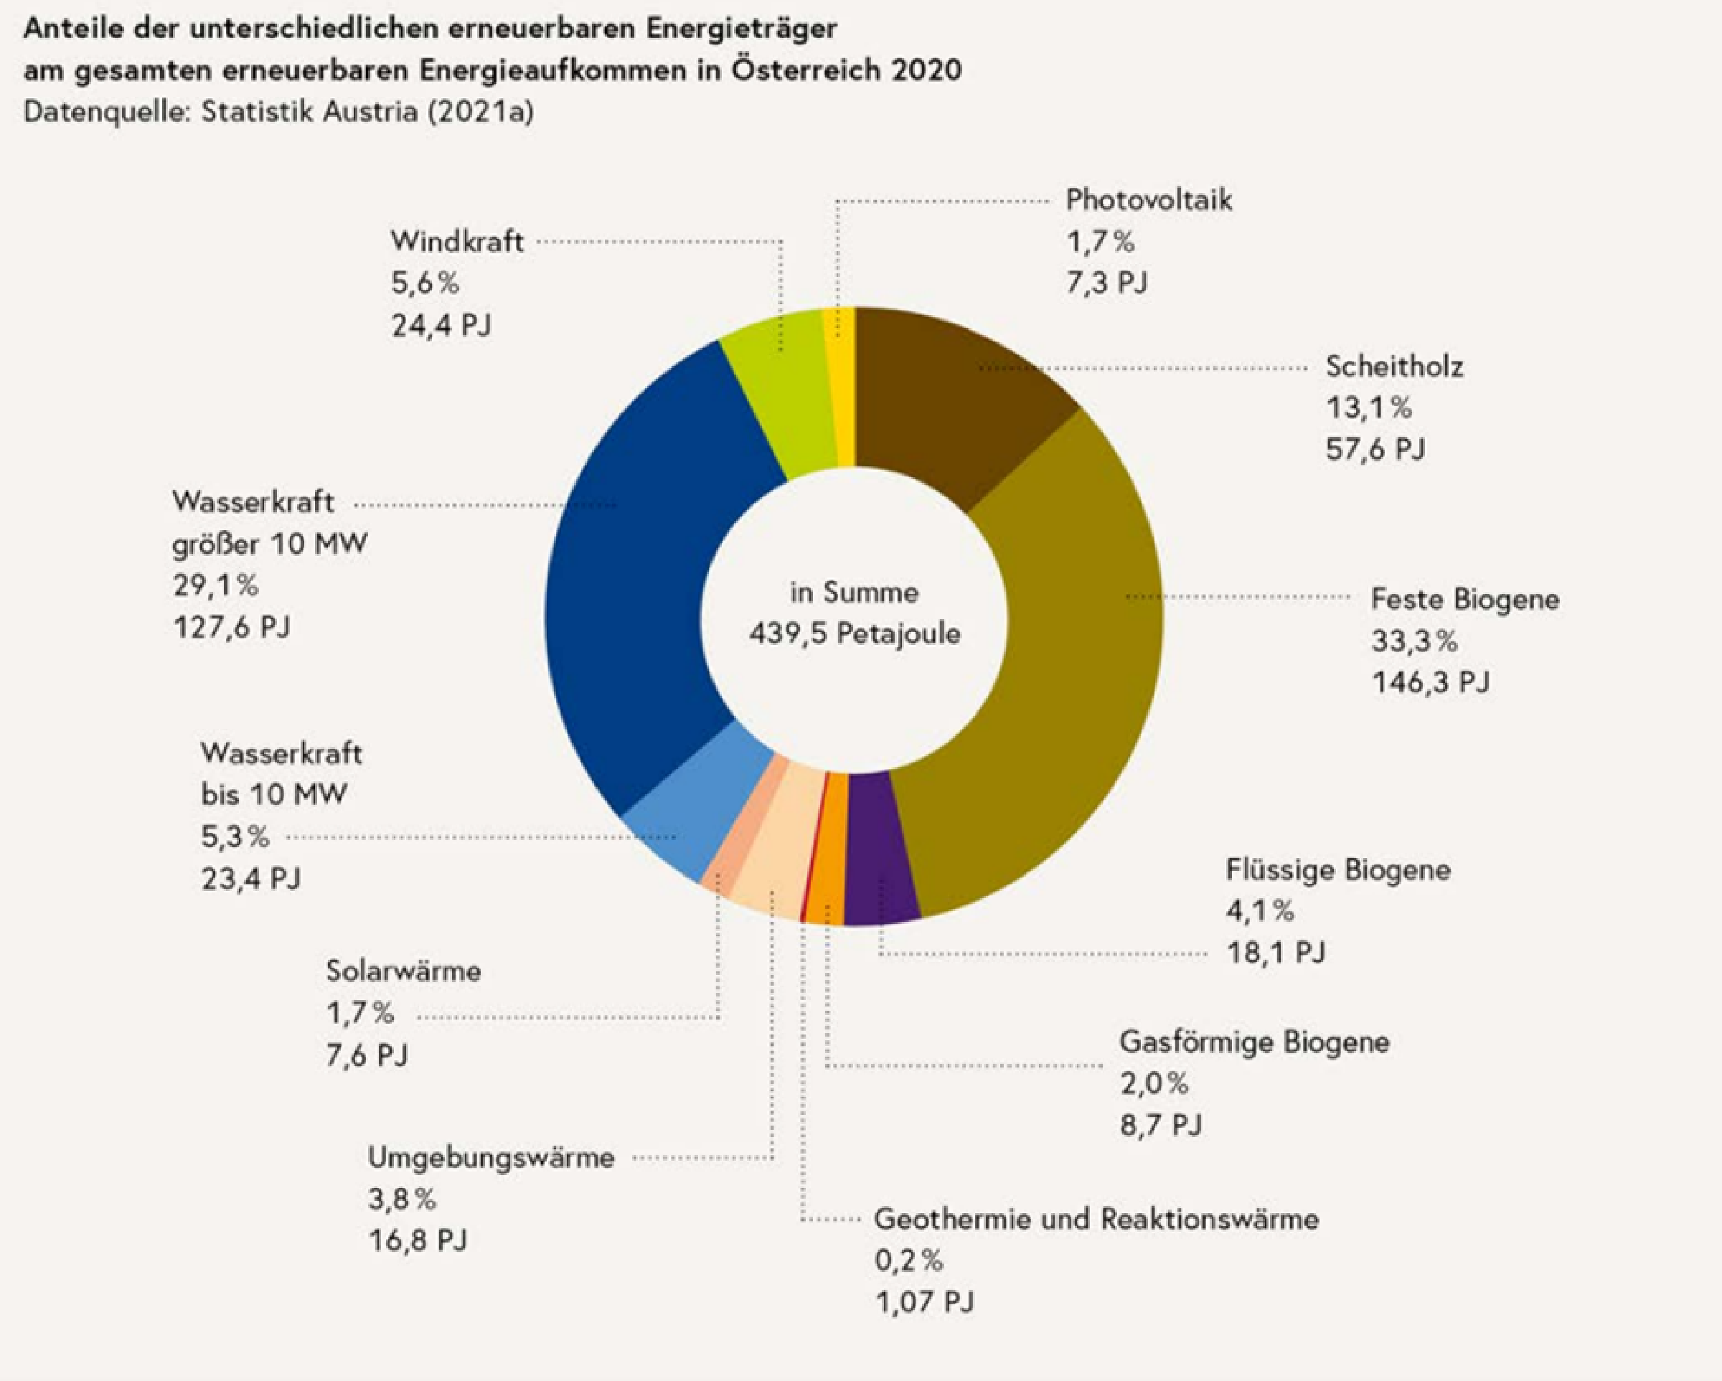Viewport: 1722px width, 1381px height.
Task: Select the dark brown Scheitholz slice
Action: pyautogui.click(x=959, y=400)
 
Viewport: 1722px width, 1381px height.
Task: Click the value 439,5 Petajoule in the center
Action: pyautogui.click(x=855, y=634)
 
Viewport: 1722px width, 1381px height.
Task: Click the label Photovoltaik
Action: pyautogui.click(x=1149, y=199)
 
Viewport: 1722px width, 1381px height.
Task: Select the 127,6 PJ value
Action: pyautogui.click(x=232, y=627)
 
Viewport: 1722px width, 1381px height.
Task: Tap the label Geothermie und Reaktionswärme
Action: pyautogui.click(x=1096, y=1219)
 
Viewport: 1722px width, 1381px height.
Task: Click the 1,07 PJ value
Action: pyautogui.click(x=925, y=1303)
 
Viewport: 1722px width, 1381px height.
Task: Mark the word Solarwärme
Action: pyautogui.click(x=403, y=971)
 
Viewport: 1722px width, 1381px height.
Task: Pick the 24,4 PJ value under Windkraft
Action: pyautogui.click(x=441, y=325)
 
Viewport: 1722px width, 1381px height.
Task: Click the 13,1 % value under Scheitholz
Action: pyautogui.click(x=1369, y=408)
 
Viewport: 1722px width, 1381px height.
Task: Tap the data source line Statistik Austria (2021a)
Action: pyautogui.click(x=367, y=112)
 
